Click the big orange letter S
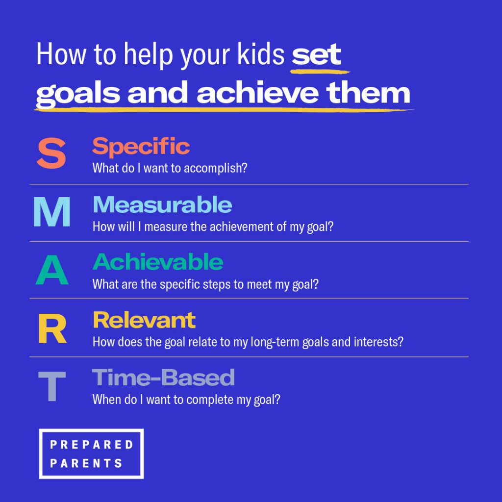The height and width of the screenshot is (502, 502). pyautogui.click(x=51, y=154)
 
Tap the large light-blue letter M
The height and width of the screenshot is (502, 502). pyautogui.click(x=51, y=212)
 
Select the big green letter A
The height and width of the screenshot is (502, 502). pyautogui.click(x=51, y=270)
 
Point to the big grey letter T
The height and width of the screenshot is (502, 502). pyautogui.click(x=51, y=386)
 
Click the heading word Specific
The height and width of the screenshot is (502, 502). pyautogui.click(x=141, y=146)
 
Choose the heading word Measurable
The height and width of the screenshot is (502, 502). pyautogui.click(x=162, y=204)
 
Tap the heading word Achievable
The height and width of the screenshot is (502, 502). pyautogui.click(x=157, y=262)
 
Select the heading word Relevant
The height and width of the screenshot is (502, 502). pyautogui.click(x=144, y=320)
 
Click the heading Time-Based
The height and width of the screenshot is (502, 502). pyautogui.click(x=163, y=377)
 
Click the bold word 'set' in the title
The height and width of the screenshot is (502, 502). pyautogui.click(x=316, y=55)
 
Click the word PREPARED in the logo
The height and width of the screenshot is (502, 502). pyautogui.click(x=92, y=445)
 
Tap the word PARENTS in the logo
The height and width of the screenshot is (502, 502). pyautogui.click(x=86, y=463)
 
